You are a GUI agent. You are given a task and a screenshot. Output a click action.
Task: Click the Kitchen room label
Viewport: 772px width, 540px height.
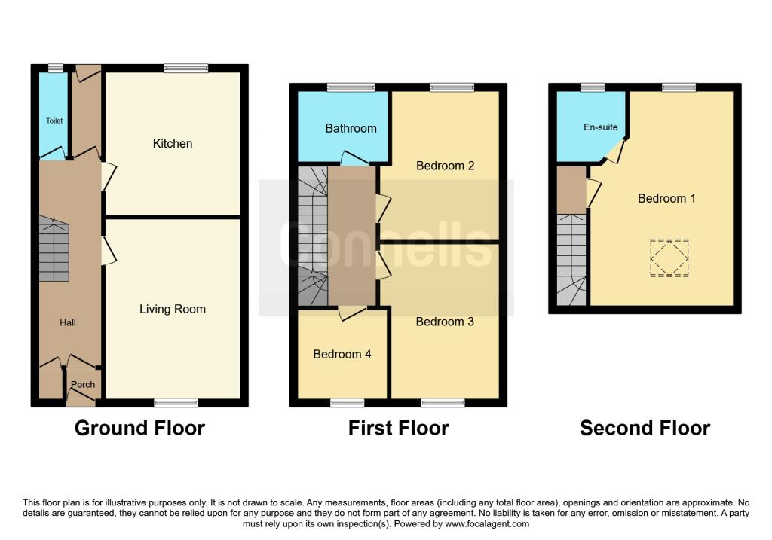click(173, 143)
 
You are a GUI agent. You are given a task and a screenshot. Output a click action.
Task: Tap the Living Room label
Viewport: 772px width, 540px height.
click(173, 309)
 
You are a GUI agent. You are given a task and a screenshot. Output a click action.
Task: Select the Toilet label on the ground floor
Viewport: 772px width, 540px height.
click(54, 121)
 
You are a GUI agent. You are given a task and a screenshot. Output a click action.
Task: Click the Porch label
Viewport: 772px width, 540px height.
click(83, 384)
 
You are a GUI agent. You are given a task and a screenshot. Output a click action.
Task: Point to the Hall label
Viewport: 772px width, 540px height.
click(68, 322)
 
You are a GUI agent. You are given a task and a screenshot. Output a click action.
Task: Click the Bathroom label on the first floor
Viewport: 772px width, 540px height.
click(351, 128)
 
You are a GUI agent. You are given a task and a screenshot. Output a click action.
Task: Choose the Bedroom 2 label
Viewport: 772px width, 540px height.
click(445, 166)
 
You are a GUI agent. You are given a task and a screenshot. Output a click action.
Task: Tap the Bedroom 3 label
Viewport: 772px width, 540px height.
click(445, 322)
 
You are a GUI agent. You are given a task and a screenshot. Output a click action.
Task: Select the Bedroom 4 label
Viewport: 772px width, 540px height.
click(342, 354)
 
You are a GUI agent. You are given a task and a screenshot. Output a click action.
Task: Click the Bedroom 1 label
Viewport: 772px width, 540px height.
click(666, 198)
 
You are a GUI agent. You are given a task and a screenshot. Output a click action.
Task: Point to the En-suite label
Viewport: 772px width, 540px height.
click(601, 127)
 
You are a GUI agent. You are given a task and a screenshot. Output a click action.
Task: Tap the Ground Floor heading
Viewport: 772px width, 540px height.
click(140, 429)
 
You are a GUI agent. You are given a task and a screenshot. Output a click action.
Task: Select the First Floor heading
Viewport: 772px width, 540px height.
click(398, 429)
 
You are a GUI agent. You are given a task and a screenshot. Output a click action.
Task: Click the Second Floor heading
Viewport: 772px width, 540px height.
click(645, 429)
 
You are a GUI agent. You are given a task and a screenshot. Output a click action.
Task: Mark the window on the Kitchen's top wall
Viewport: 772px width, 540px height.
click(186, 68)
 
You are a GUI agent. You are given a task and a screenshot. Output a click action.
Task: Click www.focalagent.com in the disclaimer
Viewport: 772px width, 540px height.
click(488, 523)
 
